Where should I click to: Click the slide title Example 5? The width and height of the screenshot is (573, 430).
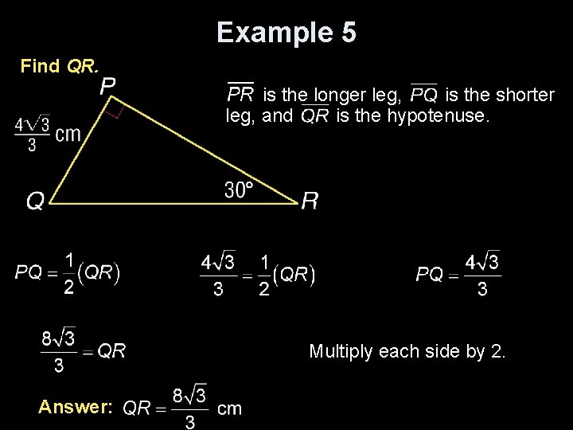(x=286, y=33)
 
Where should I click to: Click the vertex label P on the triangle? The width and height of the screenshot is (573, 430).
(x=107, y=85)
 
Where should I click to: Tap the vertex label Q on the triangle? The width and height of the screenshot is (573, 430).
(x=35, y=202)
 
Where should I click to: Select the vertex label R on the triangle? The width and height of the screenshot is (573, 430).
(x=310, y=201)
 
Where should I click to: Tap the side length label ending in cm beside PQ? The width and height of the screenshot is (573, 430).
(x=47, y=133)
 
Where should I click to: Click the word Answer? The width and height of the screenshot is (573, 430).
(x=76, y=407)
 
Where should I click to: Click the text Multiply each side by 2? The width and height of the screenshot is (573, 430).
(x=406, y=351)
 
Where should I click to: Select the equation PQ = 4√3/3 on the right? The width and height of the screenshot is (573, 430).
(x=458, y=275)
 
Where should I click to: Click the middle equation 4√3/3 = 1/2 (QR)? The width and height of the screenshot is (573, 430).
(x=259, y=275)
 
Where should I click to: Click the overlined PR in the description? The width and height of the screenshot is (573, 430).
(x=240, y=95)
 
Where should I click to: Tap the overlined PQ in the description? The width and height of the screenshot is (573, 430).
(x=423, y=95)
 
